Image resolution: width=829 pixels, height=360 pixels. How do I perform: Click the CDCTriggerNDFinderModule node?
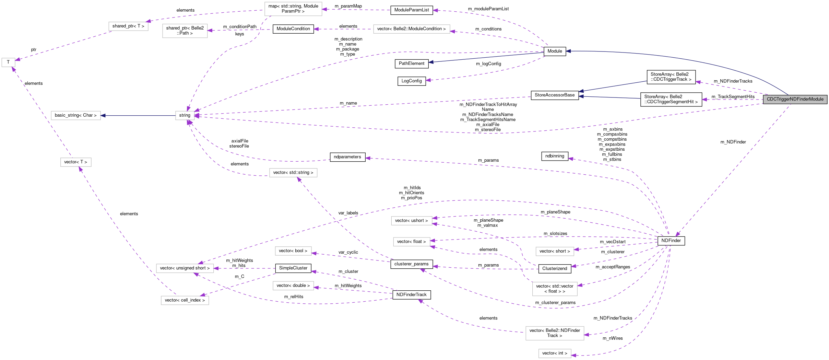795,99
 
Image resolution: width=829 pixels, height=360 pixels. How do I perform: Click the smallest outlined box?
8,62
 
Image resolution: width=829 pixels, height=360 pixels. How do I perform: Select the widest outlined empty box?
411,29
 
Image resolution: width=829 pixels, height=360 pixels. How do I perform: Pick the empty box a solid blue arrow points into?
75,116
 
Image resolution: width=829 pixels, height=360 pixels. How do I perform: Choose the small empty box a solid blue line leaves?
185,116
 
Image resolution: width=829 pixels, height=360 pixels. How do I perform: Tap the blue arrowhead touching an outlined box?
103,116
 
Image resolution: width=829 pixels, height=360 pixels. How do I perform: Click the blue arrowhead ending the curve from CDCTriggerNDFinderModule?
568,51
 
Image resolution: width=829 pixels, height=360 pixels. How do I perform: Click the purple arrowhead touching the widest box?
453,32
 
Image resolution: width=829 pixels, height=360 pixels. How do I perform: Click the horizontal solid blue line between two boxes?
137,116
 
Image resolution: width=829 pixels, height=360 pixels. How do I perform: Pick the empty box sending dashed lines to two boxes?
185,300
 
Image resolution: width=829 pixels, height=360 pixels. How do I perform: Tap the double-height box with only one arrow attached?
185,31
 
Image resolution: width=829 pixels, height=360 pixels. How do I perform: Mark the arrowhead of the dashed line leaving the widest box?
316,29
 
